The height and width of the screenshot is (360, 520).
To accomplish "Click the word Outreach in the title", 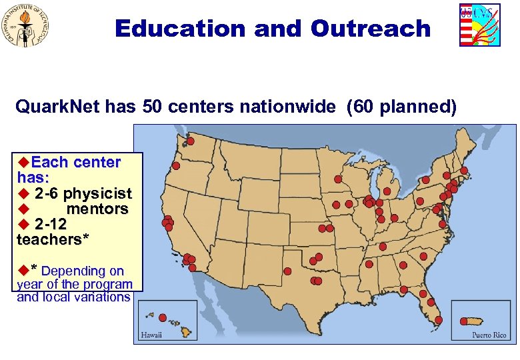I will tap(370, 29).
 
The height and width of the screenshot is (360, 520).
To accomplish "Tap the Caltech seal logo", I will tap(27, 26).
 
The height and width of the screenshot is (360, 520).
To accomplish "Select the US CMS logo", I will tap(479, 25).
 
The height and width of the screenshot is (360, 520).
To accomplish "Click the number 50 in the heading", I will tap(151, 107).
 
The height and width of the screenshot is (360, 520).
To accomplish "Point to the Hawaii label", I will tap(151, 335).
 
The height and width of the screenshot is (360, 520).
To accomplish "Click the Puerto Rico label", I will tap(489, 335).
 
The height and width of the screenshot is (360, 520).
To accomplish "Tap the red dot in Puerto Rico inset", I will tap(464, 321).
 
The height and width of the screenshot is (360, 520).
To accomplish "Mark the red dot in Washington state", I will tap(190, 141).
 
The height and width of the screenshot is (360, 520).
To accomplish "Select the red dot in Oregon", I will tap(176, 165).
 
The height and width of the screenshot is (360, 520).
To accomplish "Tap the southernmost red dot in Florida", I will tap(438, 319).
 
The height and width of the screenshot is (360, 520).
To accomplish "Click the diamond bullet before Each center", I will tap(23, 162).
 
